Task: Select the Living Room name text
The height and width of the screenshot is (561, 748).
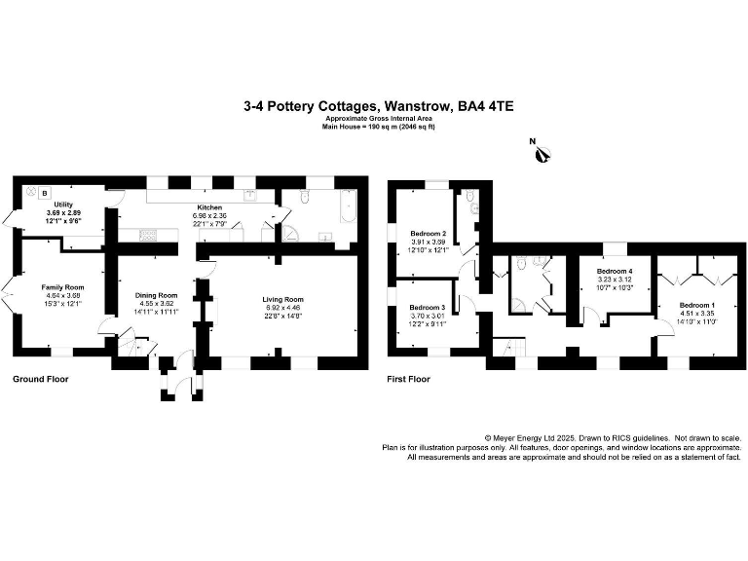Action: pos(283,299)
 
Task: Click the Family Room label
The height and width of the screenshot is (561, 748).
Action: pos(62,287)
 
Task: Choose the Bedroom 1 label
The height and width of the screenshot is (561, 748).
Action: pos(696,305)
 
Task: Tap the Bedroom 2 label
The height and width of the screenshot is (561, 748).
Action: pos(428,234)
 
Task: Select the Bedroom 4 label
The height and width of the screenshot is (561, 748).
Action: pos(615,270)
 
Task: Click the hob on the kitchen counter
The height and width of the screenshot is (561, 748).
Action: pos(149,233)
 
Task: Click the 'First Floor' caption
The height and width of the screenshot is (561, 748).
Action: pos(410,378)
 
